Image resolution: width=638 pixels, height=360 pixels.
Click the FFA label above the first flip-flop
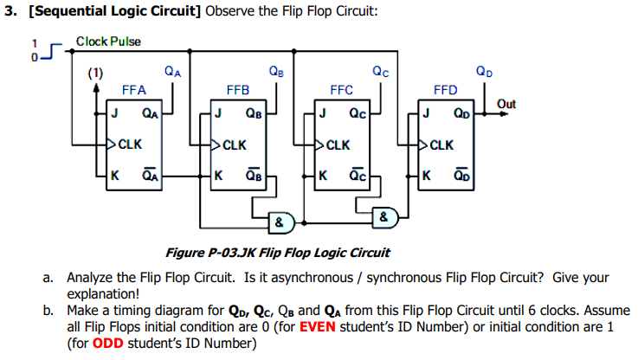(133, 90)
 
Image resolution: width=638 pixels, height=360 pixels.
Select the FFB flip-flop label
(237, 90)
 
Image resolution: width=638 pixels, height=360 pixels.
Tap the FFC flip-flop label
(342, 90)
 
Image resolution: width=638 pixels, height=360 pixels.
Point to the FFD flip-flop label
(445, 90)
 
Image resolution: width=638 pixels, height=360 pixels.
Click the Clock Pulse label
(108, 42)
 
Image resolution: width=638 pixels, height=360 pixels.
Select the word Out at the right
(507, 105)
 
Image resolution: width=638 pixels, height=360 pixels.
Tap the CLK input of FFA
(130, 144)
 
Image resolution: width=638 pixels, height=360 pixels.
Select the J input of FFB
(218, 112)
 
